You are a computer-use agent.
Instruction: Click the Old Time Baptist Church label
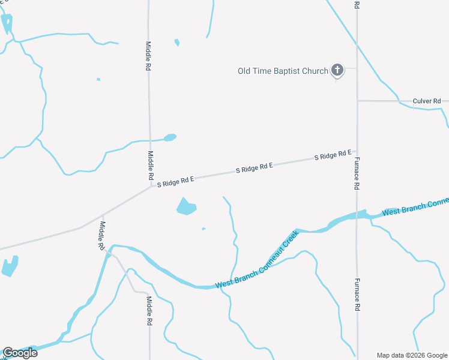pyautogui.click(x=283, y=71)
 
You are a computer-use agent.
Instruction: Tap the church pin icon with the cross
pyautogui.click(x=337, y=70)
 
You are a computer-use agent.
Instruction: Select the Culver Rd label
pyautogui.click(x=427, y=101)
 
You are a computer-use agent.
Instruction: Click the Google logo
pyautogui.click(x=20, y=353)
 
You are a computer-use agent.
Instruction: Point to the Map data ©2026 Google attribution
pyautogui.click(x=412, y=355)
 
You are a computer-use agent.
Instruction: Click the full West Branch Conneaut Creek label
pyautogui.click(x=256, y=260)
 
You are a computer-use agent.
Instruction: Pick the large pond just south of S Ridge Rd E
pyautogui.click(x=186, y=206)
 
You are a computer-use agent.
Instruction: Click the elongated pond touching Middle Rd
pyautogui.click(x=170, y=137)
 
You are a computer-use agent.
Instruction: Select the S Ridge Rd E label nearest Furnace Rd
pyautogui.click(x=333, y=156)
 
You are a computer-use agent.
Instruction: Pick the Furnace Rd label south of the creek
pyautogui.click(x=357, y=295)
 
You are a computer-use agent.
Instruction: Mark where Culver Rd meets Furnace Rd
pyautogui.click(x=357, y=101)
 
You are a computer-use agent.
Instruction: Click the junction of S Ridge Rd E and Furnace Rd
pyautogui.click(x=357, y=152)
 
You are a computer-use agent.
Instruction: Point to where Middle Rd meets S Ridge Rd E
pyautogui.click(x=150, y=186)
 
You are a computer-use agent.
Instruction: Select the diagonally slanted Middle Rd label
pyautogui.click(x=103, y=235)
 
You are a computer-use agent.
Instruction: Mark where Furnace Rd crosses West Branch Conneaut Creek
pyautogui.click(x=357, y=214)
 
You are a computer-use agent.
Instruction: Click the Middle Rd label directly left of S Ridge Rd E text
pyautogui.click(x=150, y=166)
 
